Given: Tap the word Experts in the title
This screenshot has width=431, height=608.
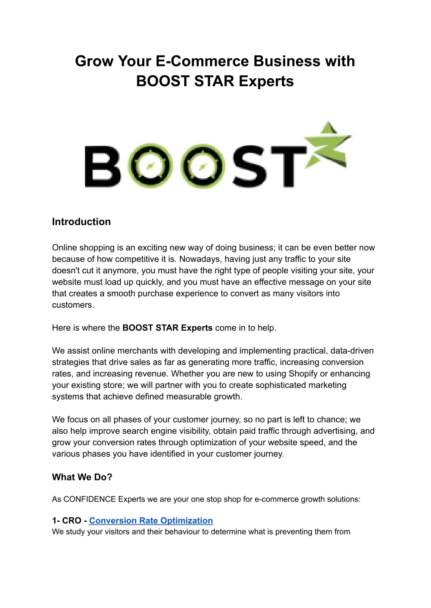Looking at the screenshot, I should click(266, 81).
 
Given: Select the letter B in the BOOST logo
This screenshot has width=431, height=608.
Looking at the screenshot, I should click(103, 167).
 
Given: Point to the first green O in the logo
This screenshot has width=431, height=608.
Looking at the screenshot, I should click(150, 167).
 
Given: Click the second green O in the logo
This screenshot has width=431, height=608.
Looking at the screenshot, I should click(202, 167).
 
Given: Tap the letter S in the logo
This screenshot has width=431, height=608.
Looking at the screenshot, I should click(249, 167).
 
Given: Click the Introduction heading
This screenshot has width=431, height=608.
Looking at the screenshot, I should click(81, 222).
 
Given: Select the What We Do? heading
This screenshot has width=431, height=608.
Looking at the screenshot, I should click(82, 477).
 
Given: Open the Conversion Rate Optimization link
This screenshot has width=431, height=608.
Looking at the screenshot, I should click(151, 521).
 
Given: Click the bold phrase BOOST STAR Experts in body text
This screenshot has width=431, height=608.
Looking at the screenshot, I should click(167, 328).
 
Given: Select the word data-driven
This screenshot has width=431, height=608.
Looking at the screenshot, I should click(352, 351).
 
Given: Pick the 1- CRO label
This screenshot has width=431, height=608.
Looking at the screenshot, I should click(67, 521).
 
